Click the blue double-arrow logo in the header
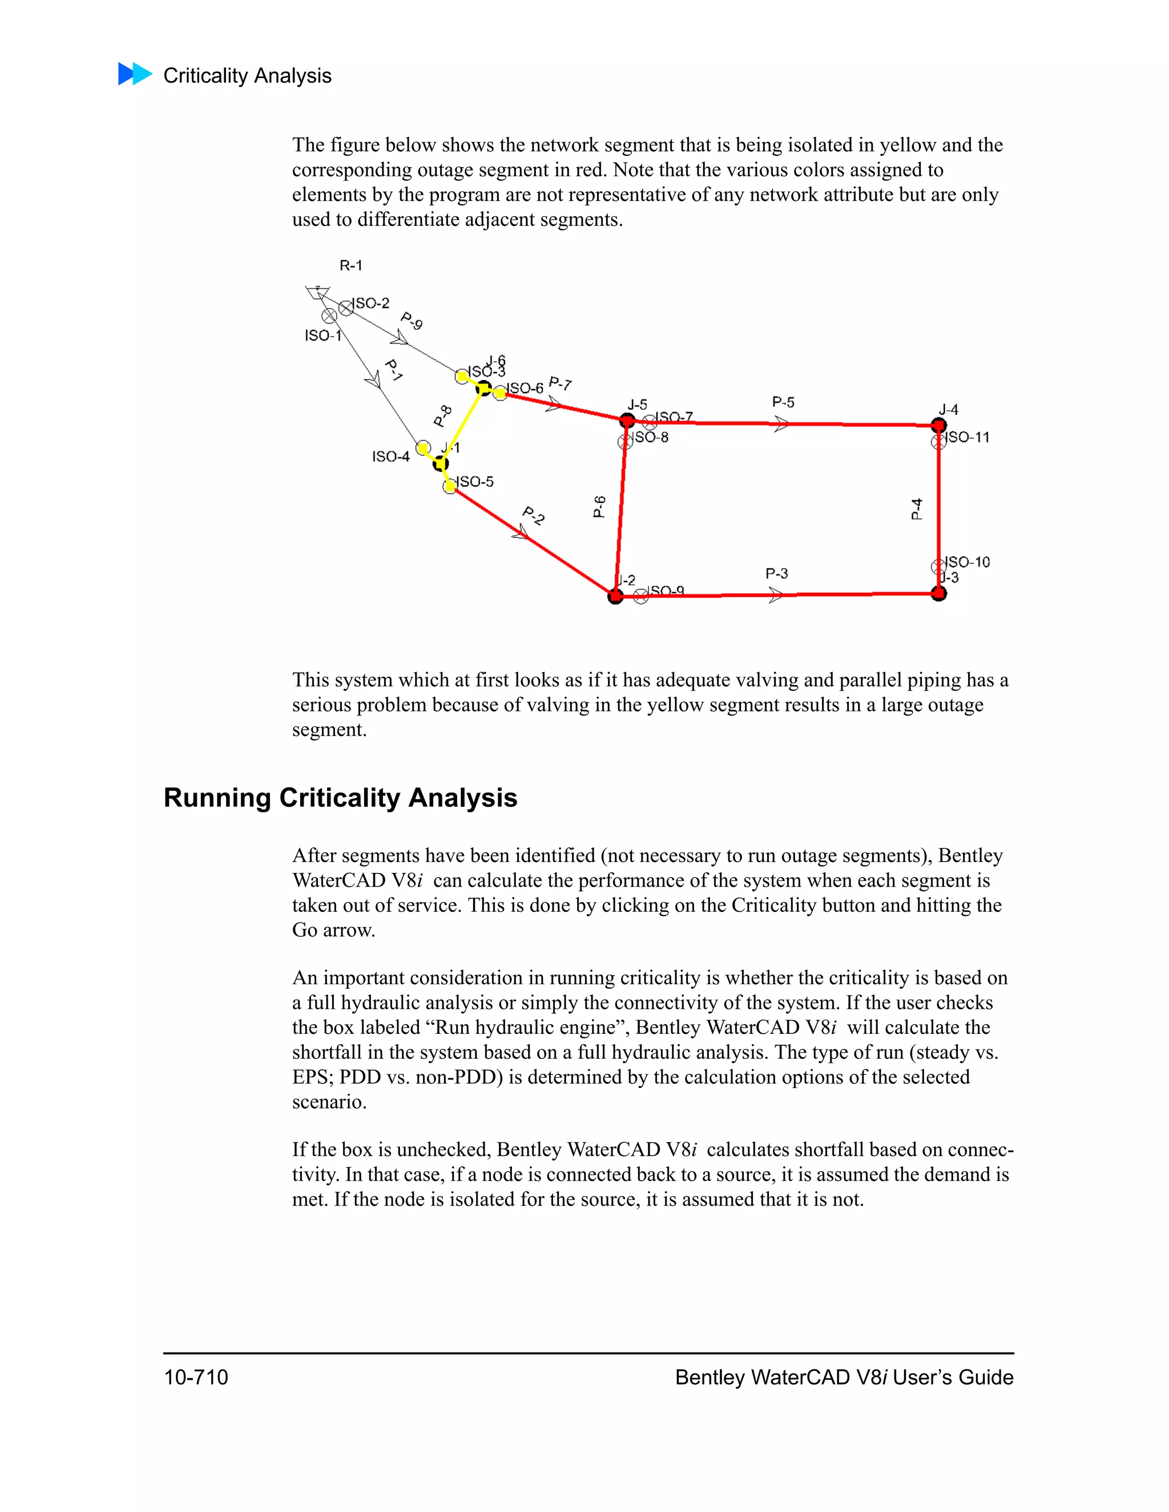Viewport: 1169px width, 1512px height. pyautogui.click(x=135, y=74)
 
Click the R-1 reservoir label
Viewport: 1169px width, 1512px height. pyautogui.click(x=350, y=265)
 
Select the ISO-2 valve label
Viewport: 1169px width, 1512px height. pyautogui.click(x=371, y=303)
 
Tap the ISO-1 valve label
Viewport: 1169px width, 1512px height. pyautogui.click(x=323, y=335)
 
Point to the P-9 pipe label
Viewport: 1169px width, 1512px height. pyautogui.click(x=412, y=321)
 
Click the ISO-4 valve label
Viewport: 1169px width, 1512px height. pyautogui.click(x=390, y=456)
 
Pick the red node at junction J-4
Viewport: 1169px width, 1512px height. pyautogui.click(x=938, y=425)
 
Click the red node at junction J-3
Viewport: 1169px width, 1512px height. pyautogui.click(x=938, y=593)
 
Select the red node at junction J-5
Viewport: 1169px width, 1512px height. pyautogui.click(x=627, y=421)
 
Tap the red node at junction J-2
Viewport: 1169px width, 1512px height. pyautogui.click(x=615, y=596)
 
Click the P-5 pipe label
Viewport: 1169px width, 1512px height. pyautogui.click(x=783, y=402)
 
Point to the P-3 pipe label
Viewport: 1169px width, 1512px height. pyautogui.click(x=776, y=573)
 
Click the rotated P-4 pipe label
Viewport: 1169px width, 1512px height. pyautogui.click(x=916, y=509)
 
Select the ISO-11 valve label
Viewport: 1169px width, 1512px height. pyautogui.click(x=968, y=437)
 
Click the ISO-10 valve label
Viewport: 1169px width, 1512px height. pyautogui.click(x=968, y=561)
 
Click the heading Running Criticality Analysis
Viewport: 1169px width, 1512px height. pyautogui.click(x=340, y=798)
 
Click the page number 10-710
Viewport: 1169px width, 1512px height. pyautogui.click(x=196, y=1377)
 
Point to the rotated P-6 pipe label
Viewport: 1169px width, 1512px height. pyautogui.click(x=600, y=506)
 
